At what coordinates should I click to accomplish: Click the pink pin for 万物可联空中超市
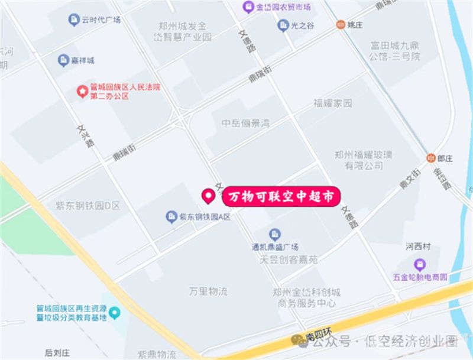pyautogui.click(x=208, y=195)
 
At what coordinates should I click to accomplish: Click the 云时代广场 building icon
pyautogui.click(x=74, y=20)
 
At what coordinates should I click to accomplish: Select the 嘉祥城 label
pyautogui.click(x=83, y=60)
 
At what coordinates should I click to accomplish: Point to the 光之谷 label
pyautogui.click(x=302, y=25)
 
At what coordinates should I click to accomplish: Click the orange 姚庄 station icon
pyautogui.click(x=340, y=25)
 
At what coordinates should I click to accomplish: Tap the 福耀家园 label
pyautogui.click(x=332, y=103)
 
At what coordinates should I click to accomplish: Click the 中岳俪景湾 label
pyautogui.click(x=245, y=123)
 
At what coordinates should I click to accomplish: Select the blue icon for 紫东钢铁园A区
pyautogui.click(x=171, y=217)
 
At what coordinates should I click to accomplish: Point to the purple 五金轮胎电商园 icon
pyautogui.click(x=420, y=264)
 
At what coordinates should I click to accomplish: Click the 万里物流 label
pyautogui.click(x=208, y=291)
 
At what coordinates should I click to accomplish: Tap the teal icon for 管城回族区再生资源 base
pyautogui.click(x=115, y=312)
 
